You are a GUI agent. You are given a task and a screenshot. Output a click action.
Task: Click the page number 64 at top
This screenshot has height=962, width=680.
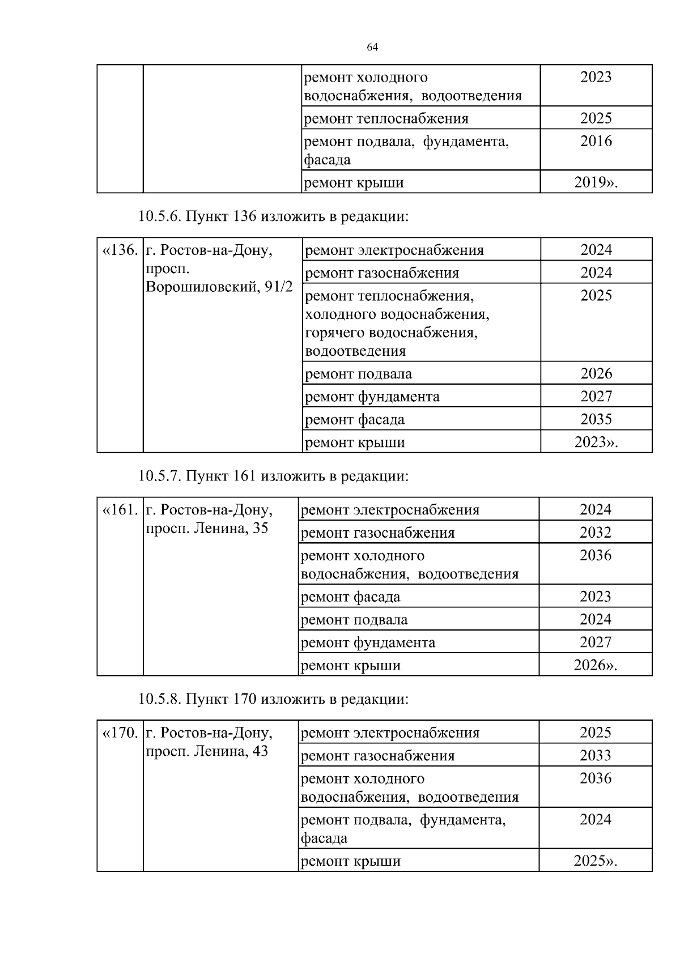click(372, 48)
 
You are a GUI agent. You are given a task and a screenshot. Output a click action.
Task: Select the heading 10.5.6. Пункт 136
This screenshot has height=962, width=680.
click(273, 216)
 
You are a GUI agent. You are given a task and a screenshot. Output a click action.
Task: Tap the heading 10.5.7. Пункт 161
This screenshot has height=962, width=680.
click(273, 476)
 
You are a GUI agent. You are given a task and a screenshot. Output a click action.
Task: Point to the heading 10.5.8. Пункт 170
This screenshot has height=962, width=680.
click(273, 699)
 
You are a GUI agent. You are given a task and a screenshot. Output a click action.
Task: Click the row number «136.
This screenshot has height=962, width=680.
click(120, 250)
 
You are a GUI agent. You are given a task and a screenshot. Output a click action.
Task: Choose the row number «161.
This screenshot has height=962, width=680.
click(120, 510)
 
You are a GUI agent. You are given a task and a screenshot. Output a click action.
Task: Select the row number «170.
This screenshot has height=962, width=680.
click(120, 733)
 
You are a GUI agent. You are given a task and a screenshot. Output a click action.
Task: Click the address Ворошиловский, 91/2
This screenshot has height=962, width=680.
click(219, 287)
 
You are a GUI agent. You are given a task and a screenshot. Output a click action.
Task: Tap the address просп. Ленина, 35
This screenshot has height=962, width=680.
click(207, 529)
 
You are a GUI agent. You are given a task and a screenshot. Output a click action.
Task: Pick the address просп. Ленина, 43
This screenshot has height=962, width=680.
click(207, 752)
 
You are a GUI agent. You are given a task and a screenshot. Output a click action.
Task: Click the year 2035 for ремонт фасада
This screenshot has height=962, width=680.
click(596, 419)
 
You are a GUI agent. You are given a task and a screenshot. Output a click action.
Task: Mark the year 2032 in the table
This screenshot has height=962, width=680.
click(596, 533)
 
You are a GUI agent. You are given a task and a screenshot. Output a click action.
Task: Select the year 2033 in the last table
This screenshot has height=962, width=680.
click(596, 756)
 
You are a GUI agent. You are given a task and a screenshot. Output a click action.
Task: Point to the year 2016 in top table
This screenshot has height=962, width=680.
click(596, 141)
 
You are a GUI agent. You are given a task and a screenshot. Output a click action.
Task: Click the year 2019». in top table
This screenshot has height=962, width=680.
click(596, 182)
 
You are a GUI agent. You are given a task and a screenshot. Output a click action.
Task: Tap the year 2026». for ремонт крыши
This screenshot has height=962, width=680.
click(596, 665)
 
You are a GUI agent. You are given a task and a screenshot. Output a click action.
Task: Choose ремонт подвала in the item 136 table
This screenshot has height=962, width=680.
click(358, 374)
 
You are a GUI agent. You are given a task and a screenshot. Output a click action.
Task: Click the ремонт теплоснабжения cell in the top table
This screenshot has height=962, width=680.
click(386, 118)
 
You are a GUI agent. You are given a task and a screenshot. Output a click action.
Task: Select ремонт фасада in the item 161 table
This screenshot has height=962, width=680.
click(350, 597)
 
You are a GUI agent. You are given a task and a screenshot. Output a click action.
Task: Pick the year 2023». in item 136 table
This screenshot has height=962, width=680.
click(596, 442)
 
